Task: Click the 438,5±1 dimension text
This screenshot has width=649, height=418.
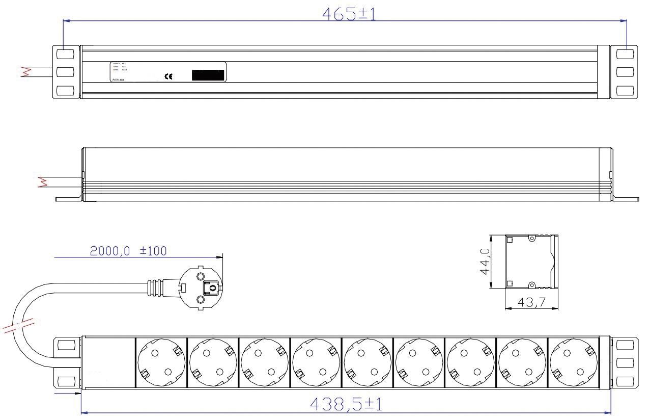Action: pos(347,405)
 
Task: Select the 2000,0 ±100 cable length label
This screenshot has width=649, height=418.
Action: pos(128,251)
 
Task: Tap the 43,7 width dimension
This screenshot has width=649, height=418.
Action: pos(531,302)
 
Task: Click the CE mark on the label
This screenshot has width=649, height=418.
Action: pos(168,76)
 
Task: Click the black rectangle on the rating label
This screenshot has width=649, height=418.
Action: pos(208,75)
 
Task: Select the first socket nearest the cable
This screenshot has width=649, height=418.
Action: pos(160,363)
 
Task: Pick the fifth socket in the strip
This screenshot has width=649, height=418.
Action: pos(366,363)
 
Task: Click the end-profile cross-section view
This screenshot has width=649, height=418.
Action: pos(531,262)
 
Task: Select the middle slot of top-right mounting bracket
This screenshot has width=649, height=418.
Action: pos(625,71)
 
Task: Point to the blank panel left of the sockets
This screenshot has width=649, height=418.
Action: pos(108,363)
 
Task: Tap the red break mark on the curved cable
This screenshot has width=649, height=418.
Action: pos(19,325)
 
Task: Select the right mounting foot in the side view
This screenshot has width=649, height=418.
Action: pos(625,199)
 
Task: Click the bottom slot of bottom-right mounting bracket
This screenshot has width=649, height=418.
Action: pos(625,381)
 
